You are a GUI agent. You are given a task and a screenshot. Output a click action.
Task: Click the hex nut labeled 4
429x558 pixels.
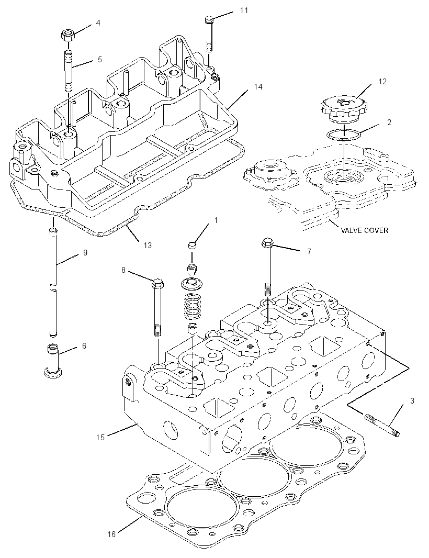point(67,35)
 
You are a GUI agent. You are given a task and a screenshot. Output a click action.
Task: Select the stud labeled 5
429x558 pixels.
point(69,71)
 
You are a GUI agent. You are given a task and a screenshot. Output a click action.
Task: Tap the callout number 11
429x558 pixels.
point(244,10)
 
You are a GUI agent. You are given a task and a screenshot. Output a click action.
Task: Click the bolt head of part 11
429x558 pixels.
point(209,19)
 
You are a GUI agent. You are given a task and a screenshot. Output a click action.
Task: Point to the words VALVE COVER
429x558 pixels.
point(364,230)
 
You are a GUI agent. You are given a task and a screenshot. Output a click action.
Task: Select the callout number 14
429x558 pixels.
point(258,87)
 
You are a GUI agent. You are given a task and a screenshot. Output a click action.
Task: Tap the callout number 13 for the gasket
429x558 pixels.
point(147,245)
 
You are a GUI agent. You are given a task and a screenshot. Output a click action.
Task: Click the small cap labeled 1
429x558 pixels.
point(192,245)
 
